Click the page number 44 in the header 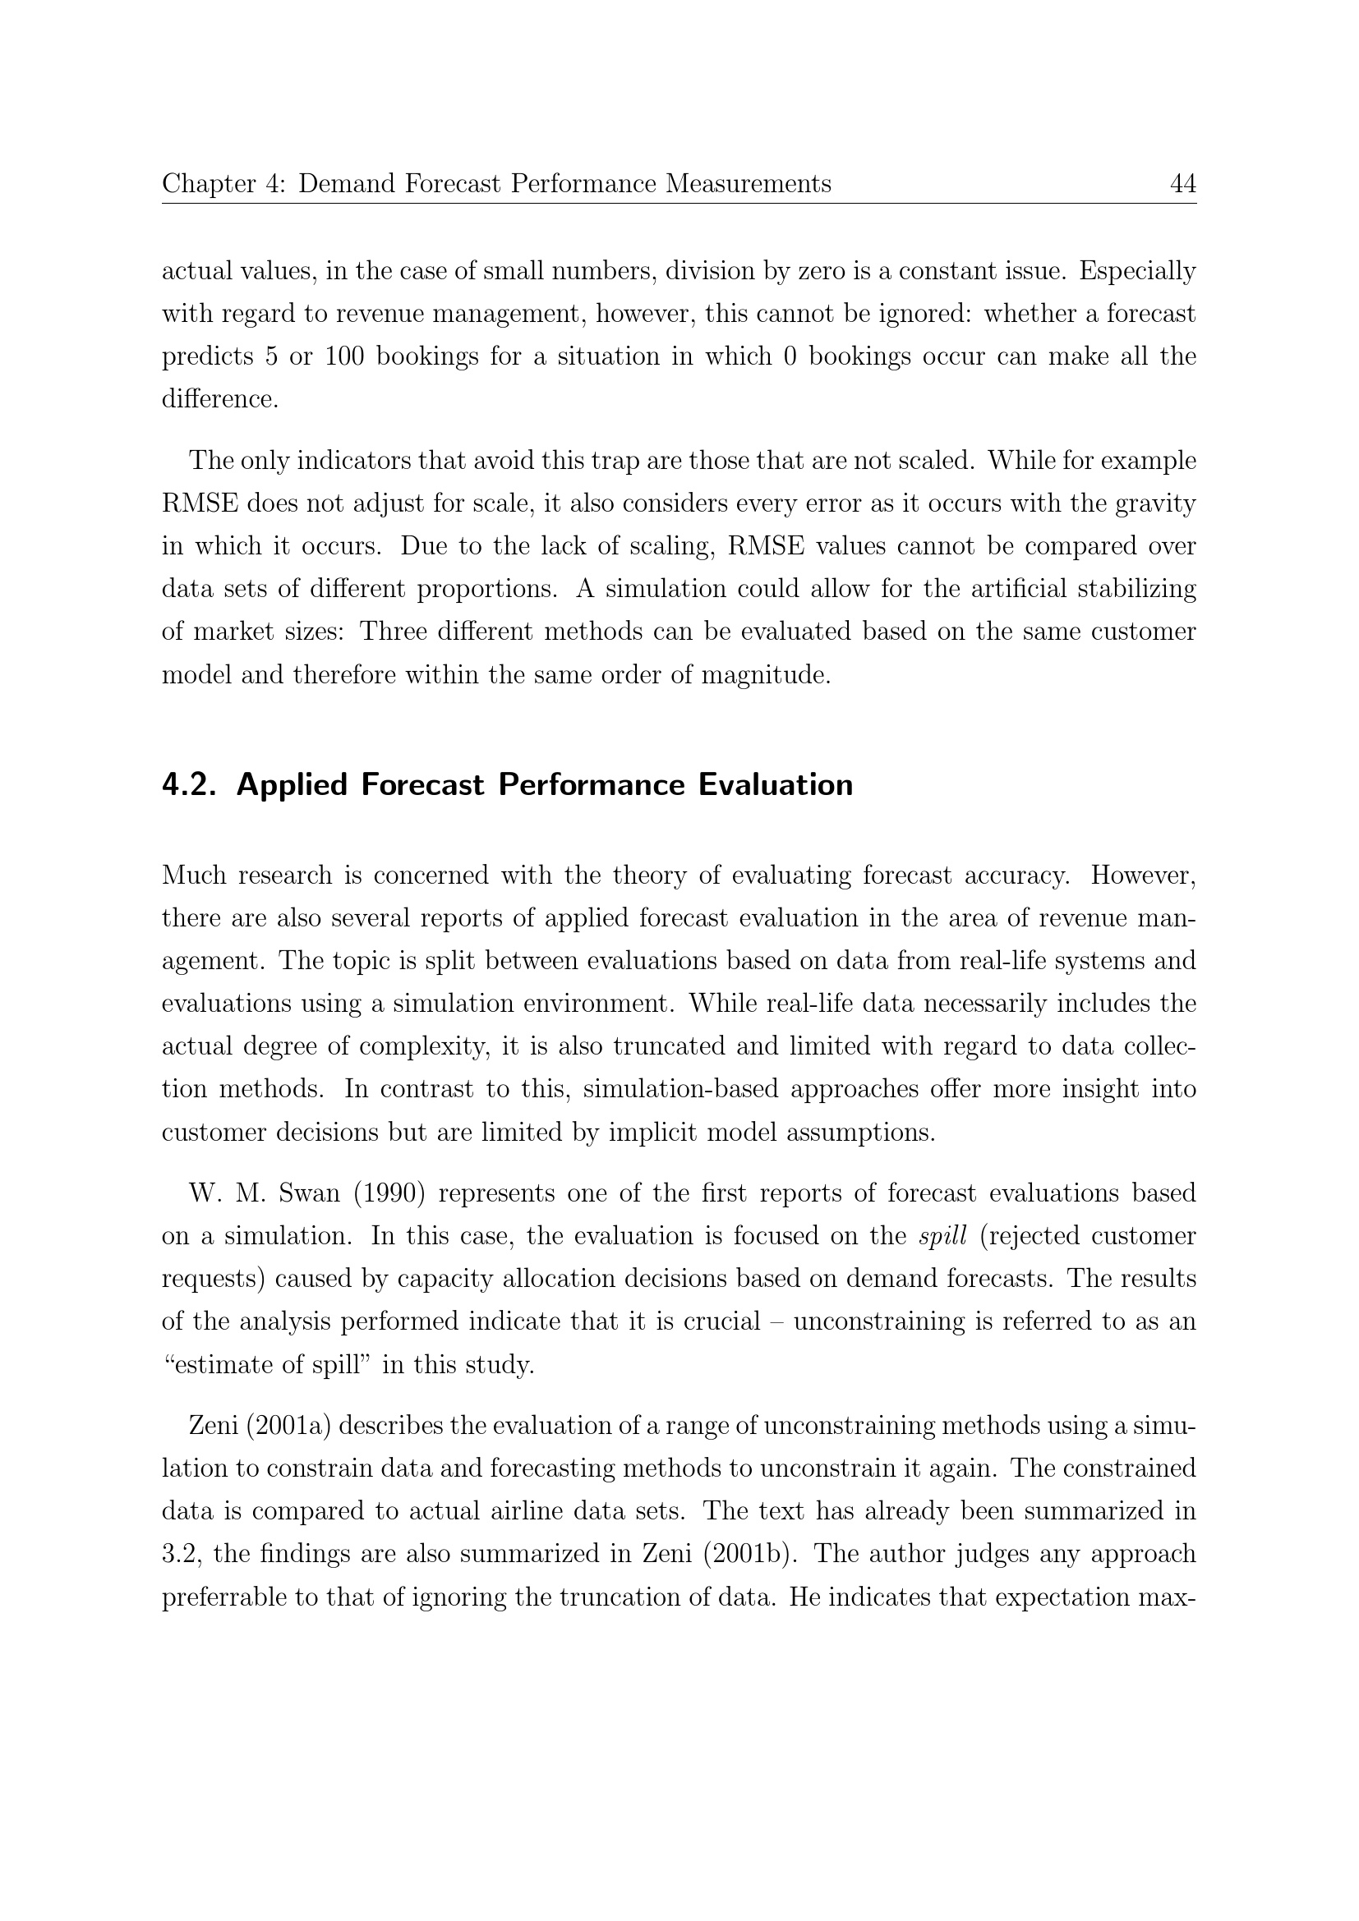pyautogui.click(x=1182, y=183)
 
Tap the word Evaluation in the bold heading pyautogui.click(x=776, y=785)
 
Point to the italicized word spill pyautogui.click(x=942, y=1236)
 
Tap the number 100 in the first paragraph pyautogui.click(x=344, y=356)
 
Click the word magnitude pyautogui.click(x=767, y=674)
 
